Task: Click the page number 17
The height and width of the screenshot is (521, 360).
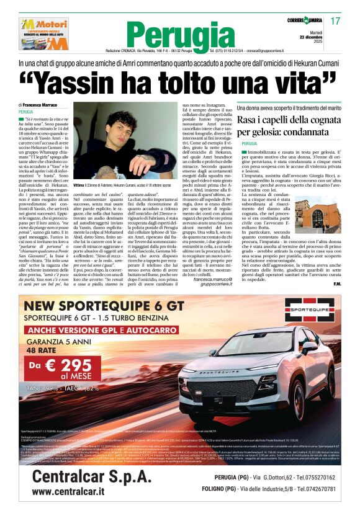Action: tap(336, 21)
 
